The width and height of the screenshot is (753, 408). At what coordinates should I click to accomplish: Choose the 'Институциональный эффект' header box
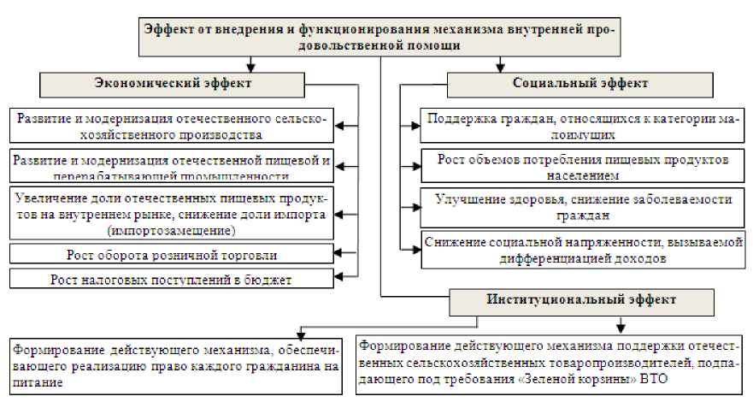(x=580, y=300)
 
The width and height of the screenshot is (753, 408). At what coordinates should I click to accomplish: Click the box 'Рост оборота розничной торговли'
(x=171, y=255)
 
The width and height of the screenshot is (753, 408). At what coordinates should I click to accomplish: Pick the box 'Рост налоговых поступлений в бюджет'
(x=171, y=279)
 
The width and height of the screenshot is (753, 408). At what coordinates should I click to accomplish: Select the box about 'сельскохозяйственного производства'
(x=171, y=126)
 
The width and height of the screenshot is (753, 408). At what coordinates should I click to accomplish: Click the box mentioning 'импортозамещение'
(x=171, y=214)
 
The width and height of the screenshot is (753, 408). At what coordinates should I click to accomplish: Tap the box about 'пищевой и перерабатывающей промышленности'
(x=171, y=168)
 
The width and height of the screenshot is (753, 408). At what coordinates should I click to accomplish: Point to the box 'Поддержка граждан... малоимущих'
(x=581, y=127)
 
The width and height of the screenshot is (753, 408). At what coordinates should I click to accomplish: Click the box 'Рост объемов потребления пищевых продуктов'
(x=581, y=167)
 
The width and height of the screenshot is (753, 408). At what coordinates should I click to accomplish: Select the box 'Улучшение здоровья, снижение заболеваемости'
(x=581, y=206)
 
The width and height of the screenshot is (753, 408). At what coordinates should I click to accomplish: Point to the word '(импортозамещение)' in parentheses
(x=171, y=231)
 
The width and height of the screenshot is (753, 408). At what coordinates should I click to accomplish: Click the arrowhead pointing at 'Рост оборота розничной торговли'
(x=340, y=254)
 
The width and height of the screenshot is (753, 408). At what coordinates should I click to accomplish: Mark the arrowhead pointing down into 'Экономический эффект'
(x=249, y=67)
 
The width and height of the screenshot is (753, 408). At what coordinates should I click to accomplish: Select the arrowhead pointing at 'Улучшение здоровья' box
(x=414, y=206)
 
